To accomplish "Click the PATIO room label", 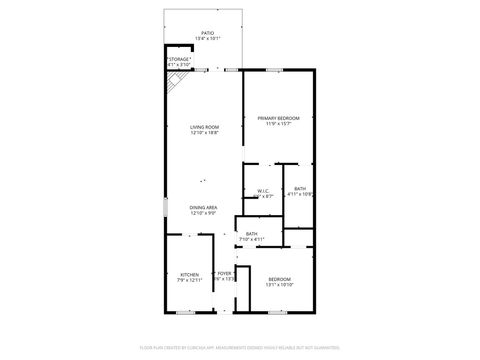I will (208, 32).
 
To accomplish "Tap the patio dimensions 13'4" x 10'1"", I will (208, 38).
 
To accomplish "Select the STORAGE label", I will (179, 59).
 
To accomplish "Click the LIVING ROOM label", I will (204, 127).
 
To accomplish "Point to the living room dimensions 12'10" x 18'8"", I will (204, 133).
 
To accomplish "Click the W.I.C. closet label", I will (264, 190).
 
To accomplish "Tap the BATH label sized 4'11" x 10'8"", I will (300, 189).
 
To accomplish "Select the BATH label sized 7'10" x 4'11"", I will (251, 234).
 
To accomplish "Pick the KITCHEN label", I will (190, 274).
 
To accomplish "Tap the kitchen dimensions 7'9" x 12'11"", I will (190, 280).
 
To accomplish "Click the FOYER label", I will (224, 273).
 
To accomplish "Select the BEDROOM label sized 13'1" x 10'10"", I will (279, 279).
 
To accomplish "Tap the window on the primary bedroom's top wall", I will (274, 69).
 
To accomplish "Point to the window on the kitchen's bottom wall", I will (185, 313).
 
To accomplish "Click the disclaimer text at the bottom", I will (240, 346).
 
